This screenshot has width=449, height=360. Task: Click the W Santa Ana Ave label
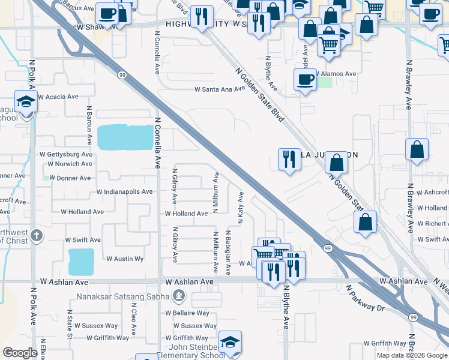(x=219, y=89)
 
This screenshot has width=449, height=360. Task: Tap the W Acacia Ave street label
(x=58, y=97)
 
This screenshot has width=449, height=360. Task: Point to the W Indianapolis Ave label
(x=125, y=192)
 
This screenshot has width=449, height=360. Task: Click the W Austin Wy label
(x=125, y=259)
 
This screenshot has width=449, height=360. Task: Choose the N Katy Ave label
(x=240, y=208)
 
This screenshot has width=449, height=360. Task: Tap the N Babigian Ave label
(x=228, y=252)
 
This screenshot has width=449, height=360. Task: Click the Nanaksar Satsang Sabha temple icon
(x=178, y=295)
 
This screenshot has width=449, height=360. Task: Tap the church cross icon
(x=37, y=235)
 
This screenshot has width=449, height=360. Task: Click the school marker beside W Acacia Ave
(x=26, y=103)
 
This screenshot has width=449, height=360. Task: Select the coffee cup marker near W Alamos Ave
(x=305, y=80)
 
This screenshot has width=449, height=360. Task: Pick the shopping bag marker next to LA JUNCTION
(x=337, y=161)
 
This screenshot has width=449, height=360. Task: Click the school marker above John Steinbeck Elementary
(x=230, y=342)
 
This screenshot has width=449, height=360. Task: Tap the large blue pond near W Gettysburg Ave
(x=125, y=137)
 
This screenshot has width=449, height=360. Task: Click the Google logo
(x=20, y=353)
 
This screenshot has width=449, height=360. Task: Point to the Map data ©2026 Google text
(x=411, y=355)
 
